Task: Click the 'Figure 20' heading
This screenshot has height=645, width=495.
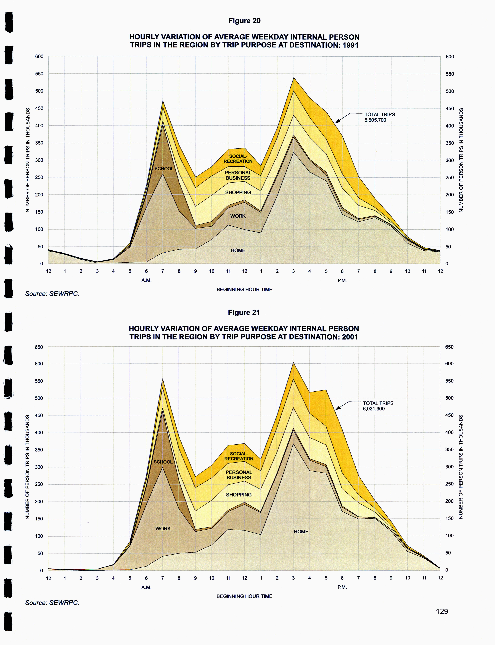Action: [244, 21]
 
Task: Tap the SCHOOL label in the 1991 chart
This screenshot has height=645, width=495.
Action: [164, 168]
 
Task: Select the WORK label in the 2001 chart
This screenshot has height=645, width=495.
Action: [163, 529]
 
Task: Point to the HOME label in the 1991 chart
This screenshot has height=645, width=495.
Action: [238, 250]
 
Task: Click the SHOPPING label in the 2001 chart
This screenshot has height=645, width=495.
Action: [239, 495]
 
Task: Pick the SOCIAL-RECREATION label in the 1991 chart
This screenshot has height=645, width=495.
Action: [238, 159]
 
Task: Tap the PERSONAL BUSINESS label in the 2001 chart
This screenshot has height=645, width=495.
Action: [239, 475]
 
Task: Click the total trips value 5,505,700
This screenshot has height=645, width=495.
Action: [375, 120]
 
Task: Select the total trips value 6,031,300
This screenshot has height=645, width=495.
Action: [374, 409]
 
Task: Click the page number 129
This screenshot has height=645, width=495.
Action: [442, 611]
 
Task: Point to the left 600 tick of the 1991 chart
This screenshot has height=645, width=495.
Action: [39, 56]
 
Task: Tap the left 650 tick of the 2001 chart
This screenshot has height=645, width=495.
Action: [39, 347]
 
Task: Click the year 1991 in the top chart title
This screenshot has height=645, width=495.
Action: [350, 45]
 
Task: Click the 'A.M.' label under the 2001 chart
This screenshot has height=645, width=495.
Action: [146, 587]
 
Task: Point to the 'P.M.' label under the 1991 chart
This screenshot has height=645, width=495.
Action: [342, 281]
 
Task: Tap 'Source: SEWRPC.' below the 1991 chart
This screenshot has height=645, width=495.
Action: [52, 294]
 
